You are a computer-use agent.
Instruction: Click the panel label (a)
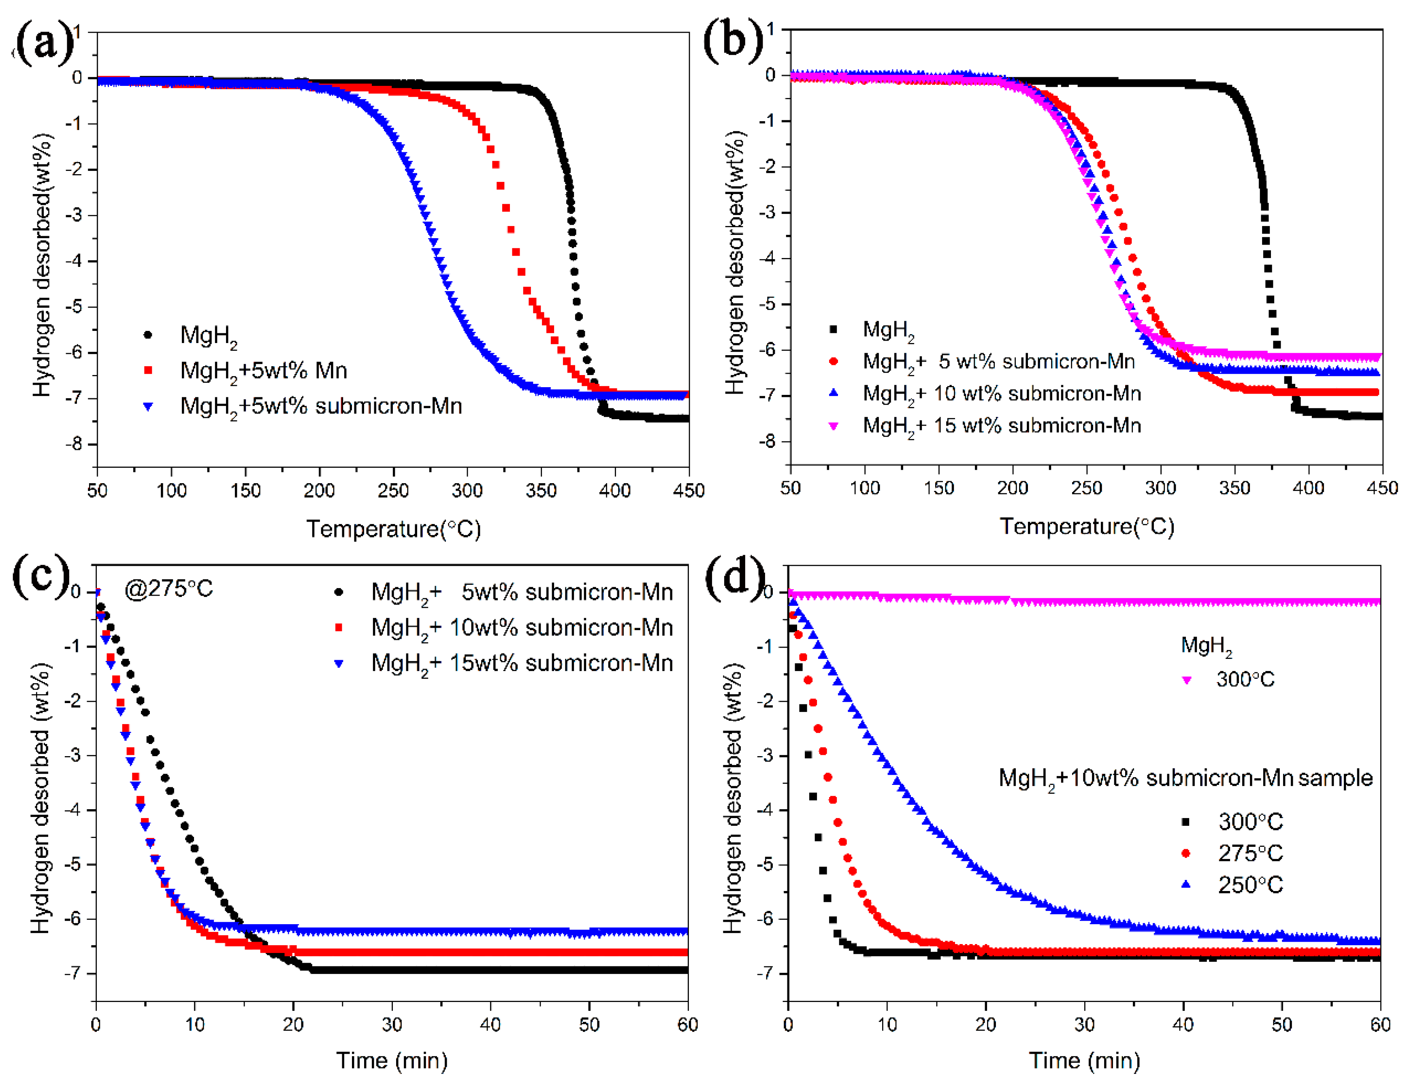[x=44, y=42]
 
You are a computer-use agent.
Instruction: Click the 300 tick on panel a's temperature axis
[x=467, y=491]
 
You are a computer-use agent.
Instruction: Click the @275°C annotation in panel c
[x=168, y=588]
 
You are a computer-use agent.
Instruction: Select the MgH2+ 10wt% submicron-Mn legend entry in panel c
[x=522, y=628]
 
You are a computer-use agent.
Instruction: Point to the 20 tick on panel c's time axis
[x=293, y=1025]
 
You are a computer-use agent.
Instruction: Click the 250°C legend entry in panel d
[x=1250, y=885]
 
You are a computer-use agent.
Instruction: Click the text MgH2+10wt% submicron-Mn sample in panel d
[x=1185, y=778]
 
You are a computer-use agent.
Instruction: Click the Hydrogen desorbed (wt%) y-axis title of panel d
[x=733, y=797]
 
